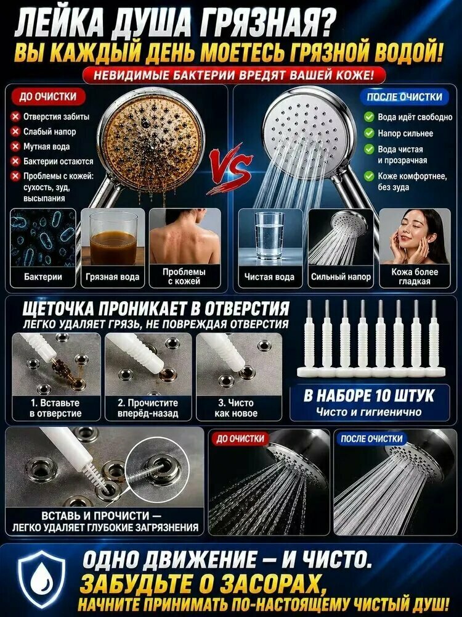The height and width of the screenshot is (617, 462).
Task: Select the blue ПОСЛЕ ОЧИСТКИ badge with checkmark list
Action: (404, 97)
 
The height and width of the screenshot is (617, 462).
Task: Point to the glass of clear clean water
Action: (269, 236)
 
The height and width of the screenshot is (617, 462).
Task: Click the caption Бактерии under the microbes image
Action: (43, 276)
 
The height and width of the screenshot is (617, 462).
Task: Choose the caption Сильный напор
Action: (341, 276)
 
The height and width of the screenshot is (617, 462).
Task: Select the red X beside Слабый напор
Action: (15, 131)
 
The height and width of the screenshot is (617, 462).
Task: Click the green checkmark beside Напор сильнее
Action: (369, 133)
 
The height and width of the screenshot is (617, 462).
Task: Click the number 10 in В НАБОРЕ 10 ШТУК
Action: (385, 396)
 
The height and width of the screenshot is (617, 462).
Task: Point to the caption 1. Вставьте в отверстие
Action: (55, 408)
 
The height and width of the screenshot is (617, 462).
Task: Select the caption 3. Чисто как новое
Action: (236, 408)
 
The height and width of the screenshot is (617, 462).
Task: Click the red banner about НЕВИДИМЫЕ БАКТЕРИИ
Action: (233, 75)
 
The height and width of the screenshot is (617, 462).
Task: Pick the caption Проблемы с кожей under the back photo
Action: (184, 276)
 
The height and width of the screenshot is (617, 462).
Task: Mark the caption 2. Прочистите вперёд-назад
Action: (148, 408)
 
